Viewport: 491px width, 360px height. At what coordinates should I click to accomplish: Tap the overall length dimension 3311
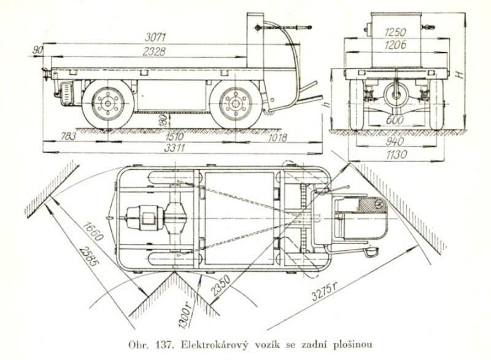pos(173,147)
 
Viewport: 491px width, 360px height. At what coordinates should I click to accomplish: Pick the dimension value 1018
pos(277,137)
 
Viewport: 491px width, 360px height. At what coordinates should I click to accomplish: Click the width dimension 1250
pos(396,32)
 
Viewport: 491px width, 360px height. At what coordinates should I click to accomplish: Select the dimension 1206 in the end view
pos(396,45)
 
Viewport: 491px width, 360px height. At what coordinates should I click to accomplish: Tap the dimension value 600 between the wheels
pos(396,120)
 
